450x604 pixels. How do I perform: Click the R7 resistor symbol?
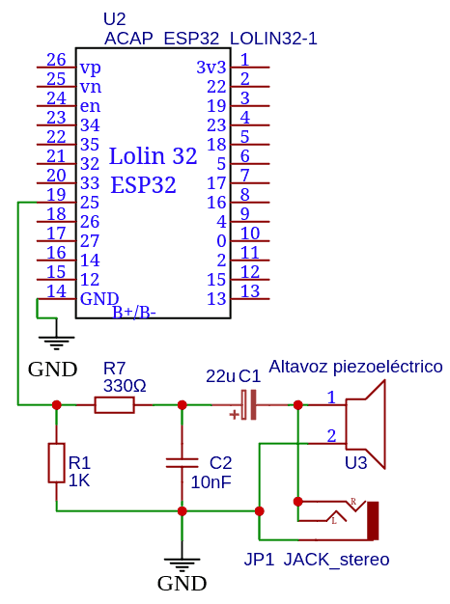point(114,405)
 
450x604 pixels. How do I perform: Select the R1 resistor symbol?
point(56,462)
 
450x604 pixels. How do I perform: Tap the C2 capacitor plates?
point(182,462)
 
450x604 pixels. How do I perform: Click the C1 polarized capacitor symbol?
point(248,405)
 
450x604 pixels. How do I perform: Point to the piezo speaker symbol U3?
point(364,425)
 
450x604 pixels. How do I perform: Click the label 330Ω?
point(125,386)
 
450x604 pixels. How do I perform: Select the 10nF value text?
point(211,481)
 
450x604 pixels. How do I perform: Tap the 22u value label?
point(220,376)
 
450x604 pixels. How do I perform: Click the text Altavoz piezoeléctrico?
point(355,367)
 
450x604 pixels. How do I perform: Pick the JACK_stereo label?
point(336,560)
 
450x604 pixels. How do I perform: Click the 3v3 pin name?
point(211,68)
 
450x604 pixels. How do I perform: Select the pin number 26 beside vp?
point(56,59)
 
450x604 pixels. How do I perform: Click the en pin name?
point(90,106)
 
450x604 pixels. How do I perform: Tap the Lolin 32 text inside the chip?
point(154,156)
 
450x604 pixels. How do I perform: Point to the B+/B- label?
point(134,313)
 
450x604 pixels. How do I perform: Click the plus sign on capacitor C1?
point(234,415)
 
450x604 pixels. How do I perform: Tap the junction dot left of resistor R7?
point(57,405)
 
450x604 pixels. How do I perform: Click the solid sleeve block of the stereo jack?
point(373,521)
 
